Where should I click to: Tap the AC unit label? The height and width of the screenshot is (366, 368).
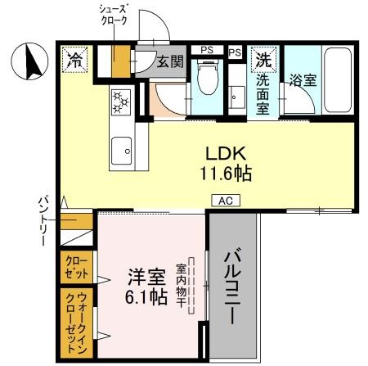click(x=224, y=199)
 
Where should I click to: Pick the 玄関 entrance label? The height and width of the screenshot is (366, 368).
click(x=171, y=61)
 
